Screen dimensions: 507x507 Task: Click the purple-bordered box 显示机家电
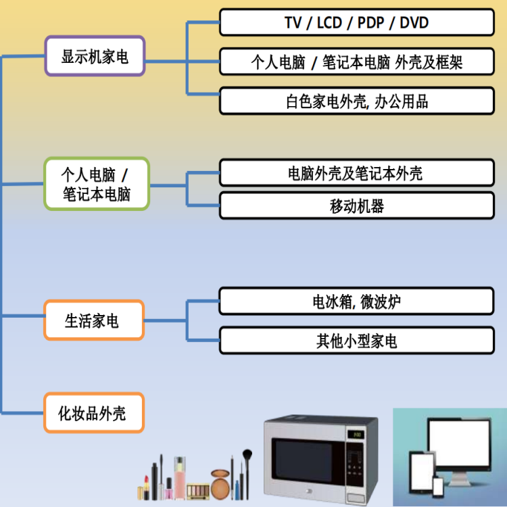pyautogui.click(x=95, y=56)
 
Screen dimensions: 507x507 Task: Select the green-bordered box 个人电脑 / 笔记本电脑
pyautogui.click(x=96, y=184)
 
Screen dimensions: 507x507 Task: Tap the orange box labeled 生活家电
pyautogui.click(x=94, y=320)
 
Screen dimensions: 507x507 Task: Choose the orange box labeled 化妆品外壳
pyautogui.click(x=94, y=412)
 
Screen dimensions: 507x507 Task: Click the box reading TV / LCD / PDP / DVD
pyautogui.click(x=356, y=22)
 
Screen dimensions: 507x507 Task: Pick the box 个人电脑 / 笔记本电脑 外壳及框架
pyautogui.click(x=356, y=62)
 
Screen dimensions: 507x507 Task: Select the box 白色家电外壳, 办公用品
pyautogui.click(x=356, y=101)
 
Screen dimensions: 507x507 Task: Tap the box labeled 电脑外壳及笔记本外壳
pyautogui.click(x=356, y=173)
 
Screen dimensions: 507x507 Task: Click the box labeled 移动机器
pyautogui.click(x=356, y=206)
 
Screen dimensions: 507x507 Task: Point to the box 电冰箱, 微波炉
pyautogui.click(x=356, y=301)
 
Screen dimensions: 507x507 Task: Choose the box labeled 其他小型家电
pyautogui.click(x=356, y=340)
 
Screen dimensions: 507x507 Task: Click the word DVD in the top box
pyautogui.click(x=414, y=22)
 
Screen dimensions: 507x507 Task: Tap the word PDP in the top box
pyautogui.click(x=370, y=22)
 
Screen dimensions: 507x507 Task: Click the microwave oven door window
pyautogui.click(x=301, y=462)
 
